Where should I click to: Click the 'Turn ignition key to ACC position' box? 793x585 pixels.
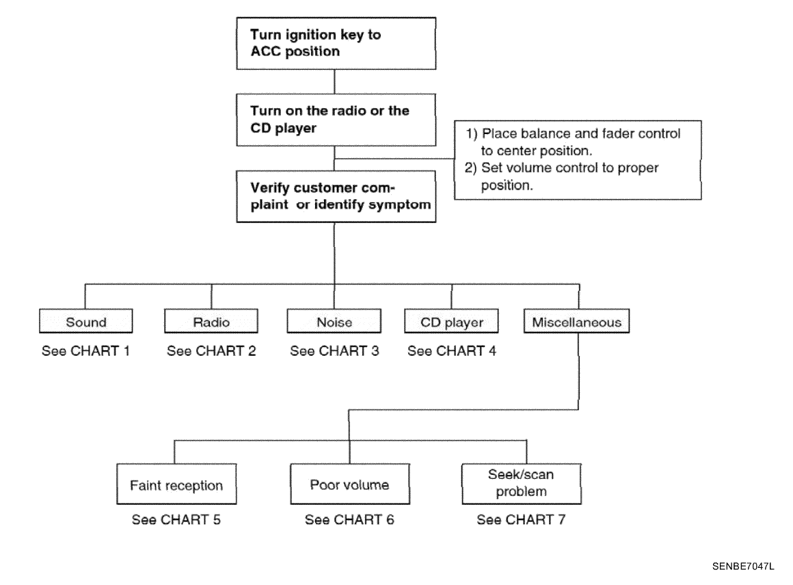[x=336, y=44]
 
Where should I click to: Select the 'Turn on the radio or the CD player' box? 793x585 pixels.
[x=336, y=120]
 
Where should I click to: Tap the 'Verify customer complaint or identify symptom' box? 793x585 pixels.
[x=336, y=196]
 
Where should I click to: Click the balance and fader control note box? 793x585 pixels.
[x=578, y=160]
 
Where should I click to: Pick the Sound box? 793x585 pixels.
[x=86, y=321]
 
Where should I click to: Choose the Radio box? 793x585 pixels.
[x=211, y=321]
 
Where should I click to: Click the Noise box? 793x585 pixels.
[x=334, y=321]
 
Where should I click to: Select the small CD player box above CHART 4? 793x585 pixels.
[x=451, y=321]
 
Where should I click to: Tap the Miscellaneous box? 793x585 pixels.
[x=576, y=321]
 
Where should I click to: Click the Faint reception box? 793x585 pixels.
[x=176, y=484]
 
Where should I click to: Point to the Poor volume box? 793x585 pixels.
[x=350, y=484]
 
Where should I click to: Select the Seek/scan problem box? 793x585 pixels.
[x=522, y=484]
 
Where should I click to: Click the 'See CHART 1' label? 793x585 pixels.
[x=85, y=351]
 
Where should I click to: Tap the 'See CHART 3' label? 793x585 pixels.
[x=334, y=351]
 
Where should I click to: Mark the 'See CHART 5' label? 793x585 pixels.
[x=176, y=520]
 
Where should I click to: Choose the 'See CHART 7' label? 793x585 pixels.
[x=521, y=520]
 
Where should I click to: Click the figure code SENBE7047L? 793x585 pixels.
[x=743, y=567]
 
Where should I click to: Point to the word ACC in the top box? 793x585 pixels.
[x=265, y=51]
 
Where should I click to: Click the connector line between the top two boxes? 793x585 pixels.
[x=334, y=81]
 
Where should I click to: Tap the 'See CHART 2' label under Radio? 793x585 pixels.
[x=211, y=351]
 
